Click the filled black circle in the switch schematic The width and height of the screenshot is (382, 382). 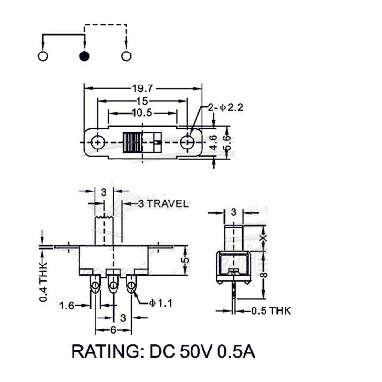85,56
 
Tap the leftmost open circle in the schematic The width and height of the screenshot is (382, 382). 42,56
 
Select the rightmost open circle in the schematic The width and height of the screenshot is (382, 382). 126,56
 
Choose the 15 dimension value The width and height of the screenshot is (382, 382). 142,101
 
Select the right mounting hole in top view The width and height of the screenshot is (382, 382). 188,142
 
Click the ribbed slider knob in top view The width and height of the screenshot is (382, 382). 133,142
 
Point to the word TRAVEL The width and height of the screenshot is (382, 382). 167,204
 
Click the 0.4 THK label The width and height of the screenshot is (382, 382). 42,282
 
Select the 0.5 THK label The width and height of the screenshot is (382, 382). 271,311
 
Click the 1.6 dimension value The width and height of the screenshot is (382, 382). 67,306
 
